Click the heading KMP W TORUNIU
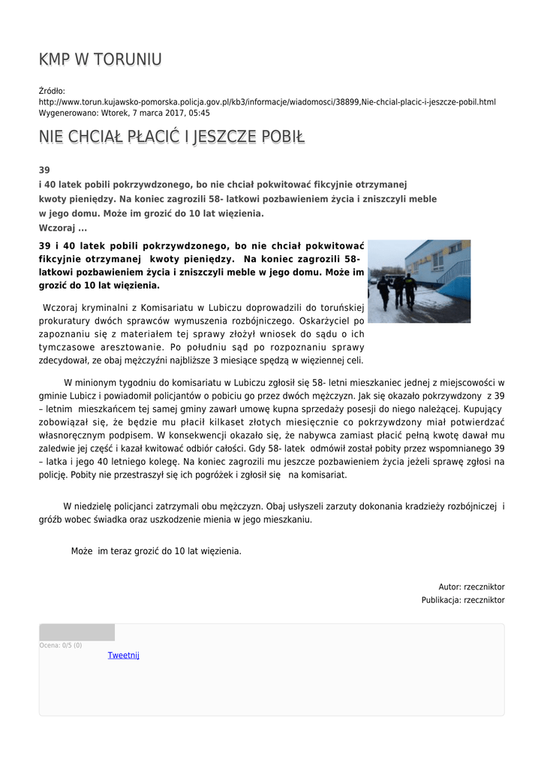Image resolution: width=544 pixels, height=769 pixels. (100, 59)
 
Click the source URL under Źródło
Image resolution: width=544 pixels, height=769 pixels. (267, 101)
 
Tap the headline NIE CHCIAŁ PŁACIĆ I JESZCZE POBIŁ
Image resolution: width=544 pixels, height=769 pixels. (172, 137)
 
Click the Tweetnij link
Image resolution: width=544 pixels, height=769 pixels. (123, 655)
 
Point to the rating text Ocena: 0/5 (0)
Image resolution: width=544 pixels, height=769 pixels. (61, 645)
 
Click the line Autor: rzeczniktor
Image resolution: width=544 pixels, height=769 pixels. (471, 587)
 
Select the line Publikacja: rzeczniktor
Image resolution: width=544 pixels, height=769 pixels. (462, 600)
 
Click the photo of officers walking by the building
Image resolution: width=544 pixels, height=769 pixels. (419, 281)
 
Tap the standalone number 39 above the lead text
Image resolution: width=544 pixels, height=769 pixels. (44, 170)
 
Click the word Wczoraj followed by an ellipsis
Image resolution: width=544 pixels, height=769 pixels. (63, 228)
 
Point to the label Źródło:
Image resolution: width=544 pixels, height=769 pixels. (52, 91)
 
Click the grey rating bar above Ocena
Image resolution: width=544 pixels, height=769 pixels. (77, 632)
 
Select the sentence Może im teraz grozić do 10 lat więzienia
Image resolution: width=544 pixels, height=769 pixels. (156, 550)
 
